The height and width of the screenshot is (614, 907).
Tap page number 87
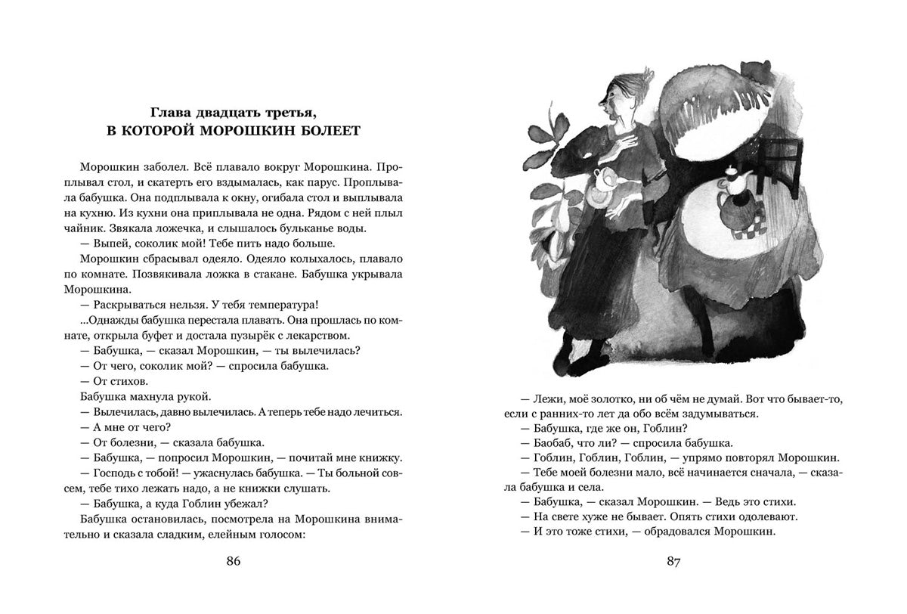click(x=674, y=561)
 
